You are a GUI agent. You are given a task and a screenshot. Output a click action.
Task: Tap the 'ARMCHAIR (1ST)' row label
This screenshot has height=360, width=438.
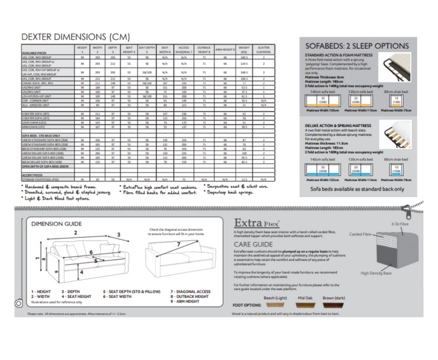coord(38,127)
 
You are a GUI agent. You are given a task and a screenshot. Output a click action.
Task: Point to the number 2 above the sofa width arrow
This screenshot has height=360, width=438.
coord(77,232)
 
